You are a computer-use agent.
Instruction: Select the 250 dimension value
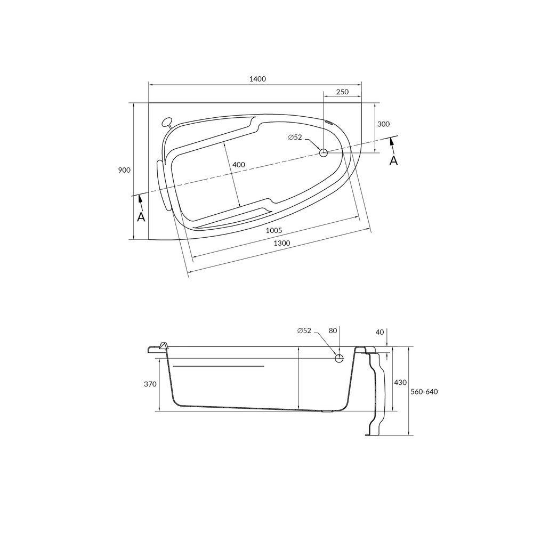[342, 92]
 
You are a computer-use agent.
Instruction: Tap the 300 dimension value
[383, 124]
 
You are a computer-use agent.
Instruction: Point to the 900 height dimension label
[124, 170]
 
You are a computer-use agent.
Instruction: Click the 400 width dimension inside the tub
[239, 165]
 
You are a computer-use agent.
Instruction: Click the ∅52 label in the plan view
[295, 138]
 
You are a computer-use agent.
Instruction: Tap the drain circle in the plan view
[324, 153]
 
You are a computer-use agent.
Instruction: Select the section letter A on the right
[393, 160]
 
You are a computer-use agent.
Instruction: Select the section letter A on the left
[141, 217]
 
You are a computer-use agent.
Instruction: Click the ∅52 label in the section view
[304, 331]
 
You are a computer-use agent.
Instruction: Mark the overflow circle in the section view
[338, 358]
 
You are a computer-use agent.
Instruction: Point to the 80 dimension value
[333, 331]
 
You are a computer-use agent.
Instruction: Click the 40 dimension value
[379, 332]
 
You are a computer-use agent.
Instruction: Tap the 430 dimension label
[400, 382]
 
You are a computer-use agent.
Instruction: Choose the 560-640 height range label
[424, 392]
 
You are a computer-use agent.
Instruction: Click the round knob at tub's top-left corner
[167, 122]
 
